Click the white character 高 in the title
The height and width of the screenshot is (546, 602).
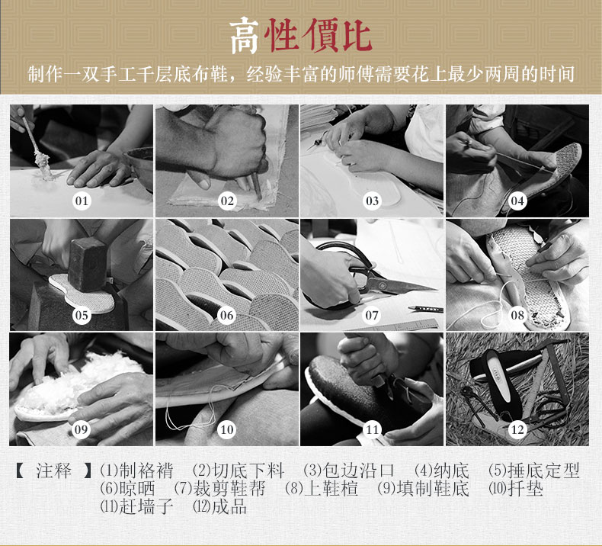(x=244, y=36)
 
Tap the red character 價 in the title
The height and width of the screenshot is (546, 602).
(x=318, y=35)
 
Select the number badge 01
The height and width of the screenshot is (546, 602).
(x=82, y=201)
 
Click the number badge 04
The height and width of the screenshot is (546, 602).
(x=517, y=201)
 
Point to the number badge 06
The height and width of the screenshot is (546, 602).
(x=226, y=315)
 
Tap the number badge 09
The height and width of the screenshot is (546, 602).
(x=82, y=429)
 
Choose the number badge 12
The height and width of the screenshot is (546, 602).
(x=517, y=429)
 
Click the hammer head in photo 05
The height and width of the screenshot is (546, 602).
(x=87, y=265)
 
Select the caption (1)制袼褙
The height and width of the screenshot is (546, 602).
(x=136, y=471)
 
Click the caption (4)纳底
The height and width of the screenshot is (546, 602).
(x=442, y=471)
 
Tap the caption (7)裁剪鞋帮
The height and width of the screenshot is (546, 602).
(x=219, y=489)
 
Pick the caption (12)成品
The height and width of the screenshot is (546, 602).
(x=219, y=507)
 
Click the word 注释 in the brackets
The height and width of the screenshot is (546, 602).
(x=54, y=471)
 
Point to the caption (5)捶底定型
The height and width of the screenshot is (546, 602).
(x=534, y=471)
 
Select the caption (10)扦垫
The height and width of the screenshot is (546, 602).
(x=516, y=489)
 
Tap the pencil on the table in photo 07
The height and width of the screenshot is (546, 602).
(x=425, y=309)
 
